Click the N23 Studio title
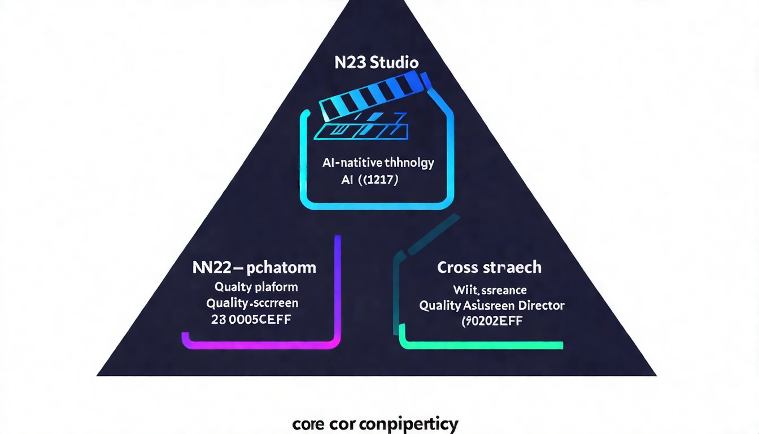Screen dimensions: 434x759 click(x=377, y=62)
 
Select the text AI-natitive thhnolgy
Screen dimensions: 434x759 click(x=378, y=164)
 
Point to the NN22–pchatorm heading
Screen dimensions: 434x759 click(x=254, y=267)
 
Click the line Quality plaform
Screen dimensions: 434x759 click(x=256, y=287)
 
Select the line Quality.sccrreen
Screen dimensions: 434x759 click(x=252, y=303)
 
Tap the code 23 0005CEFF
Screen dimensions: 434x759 click(x=252, y=320)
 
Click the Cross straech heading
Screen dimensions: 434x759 click(x=489, y=267)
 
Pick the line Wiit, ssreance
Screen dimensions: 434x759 click(x=490, y=290)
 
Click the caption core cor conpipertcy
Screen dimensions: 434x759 click(x=375, y=424)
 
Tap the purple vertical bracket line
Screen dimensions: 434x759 click(x=337, y=283)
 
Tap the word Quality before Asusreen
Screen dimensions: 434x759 click(x=439, y=306)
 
